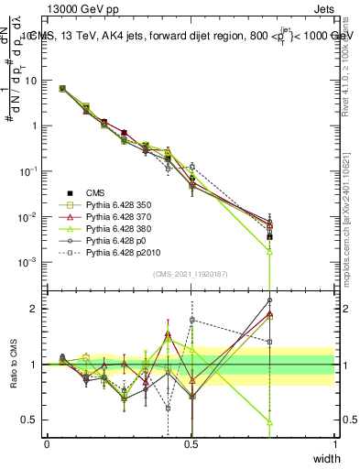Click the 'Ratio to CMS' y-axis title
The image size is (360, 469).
coord(13,364)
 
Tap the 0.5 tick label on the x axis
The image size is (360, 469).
coord(191,444)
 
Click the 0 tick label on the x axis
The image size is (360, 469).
coord(47,444)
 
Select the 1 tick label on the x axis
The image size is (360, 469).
coord(335,444)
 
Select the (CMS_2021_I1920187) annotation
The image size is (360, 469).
coord(191,274)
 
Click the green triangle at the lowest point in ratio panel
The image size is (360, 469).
coord(269,422)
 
